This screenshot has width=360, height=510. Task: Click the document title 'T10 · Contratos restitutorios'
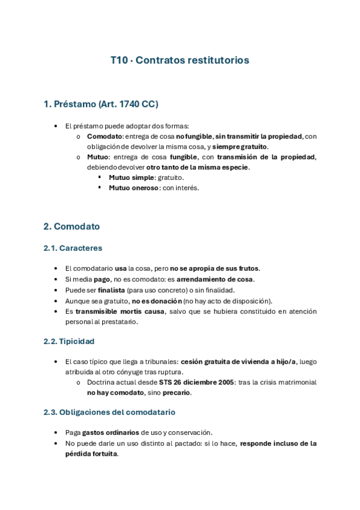[x=180, y=60]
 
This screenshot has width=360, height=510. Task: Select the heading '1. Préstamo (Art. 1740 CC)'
[x=100, y=104]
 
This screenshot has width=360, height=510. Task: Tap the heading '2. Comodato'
[x=72, y=227]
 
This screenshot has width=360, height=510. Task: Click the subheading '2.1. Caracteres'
[x=72, y=248]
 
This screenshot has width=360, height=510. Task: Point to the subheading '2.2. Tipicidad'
[x=69, y=341]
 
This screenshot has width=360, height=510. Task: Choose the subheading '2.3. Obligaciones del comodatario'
[x=109, y=413]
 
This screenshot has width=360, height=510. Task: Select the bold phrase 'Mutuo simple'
[x=131, y=177]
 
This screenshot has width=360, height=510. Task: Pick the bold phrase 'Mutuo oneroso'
[x=134, y=188]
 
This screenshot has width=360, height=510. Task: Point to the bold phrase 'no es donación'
[x=157, y=300]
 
